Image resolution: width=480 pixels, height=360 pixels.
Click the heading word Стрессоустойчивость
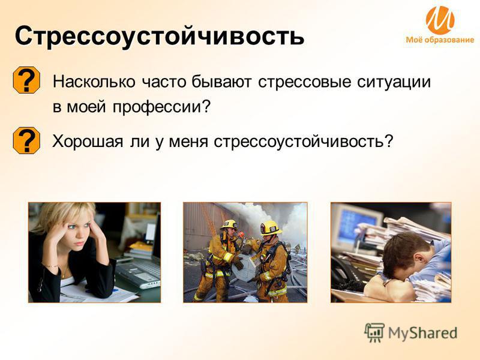160,37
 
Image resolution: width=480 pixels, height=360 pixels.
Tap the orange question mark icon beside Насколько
26,80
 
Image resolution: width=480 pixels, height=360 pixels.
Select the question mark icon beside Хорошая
26,140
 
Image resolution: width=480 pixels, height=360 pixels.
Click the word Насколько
94,82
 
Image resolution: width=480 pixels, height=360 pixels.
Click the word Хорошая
88,142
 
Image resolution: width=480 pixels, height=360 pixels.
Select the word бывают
221,82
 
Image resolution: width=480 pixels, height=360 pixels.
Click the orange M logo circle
440,20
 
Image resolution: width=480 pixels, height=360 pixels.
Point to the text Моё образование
440,40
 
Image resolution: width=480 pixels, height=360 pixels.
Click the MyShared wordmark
422,333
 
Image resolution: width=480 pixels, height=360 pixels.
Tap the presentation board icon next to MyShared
374,332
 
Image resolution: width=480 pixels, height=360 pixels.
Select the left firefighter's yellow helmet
229,225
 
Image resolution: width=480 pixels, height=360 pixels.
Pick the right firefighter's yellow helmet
271,228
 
